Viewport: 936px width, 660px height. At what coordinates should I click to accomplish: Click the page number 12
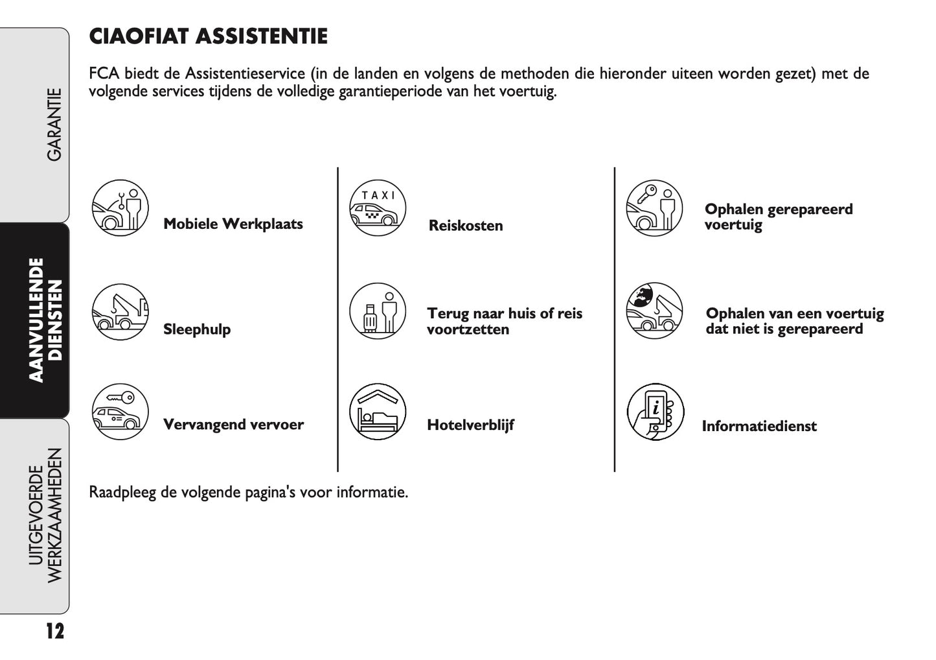tap(55, 630)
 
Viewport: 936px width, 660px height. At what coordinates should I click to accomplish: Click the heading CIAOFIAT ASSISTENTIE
tap(208, 36)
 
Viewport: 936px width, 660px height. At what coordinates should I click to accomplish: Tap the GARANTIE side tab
tap(54, 124)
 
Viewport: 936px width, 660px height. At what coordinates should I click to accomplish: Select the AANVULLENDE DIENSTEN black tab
tap(45, 320)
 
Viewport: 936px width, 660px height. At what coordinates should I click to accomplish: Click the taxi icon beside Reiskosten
tap(377, 208)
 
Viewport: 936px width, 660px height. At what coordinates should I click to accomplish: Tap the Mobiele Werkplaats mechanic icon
tap(120, 208)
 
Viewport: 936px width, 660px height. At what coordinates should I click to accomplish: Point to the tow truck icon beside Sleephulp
tap(120, 312)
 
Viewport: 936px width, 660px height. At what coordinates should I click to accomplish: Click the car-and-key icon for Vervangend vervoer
tap(120, 412)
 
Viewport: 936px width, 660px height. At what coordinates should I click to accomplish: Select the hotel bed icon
tap(377, 412)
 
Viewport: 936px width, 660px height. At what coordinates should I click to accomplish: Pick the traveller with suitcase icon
tap(377, 311)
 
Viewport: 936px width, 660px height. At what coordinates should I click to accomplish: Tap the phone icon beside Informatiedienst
tap(655, 412)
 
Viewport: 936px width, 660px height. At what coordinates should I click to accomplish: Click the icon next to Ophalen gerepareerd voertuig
tap(654, 208)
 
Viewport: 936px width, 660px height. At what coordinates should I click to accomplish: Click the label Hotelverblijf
tap(470, 425)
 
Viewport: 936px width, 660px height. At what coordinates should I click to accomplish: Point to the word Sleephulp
tap(197, 329)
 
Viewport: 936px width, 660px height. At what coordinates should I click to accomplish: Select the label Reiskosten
tap(466, 226)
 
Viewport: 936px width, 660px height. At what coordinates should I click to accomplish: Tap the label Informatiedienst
tap(759, 426)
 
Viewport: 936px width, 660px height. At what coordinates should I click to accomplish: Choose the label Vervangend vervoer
tap(233, 425)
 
